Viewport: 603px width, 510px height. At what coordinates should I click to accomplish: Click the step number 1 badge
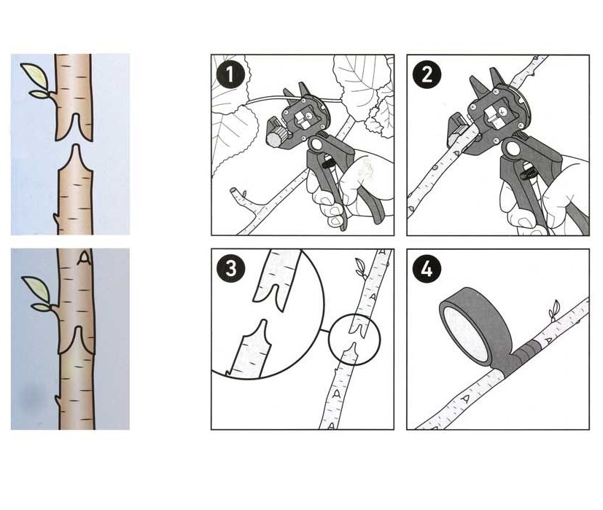230,75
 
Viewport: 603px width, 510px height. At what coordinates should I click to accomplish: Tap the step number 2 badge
427,75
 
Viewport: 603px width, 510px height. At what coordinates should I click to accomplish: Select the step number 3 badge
230,269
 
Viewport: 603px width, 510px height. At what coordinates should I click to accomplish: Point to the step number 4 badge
427,269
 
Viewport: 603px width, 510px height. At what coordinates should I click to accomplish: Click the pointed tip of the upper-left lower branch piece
76,145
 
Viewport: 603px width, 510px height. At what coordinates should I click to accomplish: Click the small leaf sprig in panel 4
555,309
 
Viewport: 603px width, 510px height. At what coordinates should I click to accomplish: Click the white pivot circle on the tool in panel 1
317,145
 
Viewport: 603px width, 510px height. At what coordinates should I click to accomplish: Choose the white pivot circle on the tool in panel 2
513,148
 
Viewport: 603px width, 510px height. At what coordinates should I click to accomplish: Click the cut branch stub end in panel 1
234,191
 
